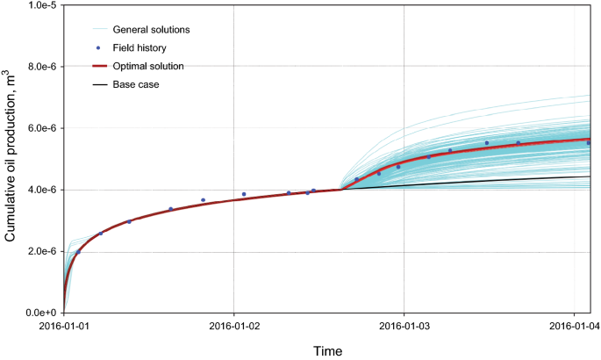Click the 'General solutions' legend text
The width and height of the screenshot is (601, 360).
[151, 29]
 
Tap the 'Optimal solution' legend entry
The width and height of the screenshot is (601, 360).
[148, 65]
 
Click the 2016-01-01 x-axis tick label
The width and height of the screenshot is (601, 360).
[63, 328]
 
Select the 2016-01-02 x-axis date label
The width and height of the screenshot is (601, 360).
[233, 328]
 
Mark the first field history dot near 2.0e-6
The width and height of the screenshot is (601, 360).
[78, 252]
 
